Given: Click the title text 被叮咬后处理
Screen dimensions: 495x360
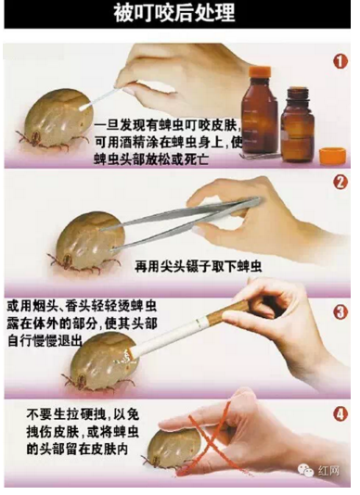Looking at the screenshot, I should [180, 15].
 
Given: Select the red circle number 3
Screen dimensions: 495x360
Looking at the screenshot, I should [340, 311].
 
